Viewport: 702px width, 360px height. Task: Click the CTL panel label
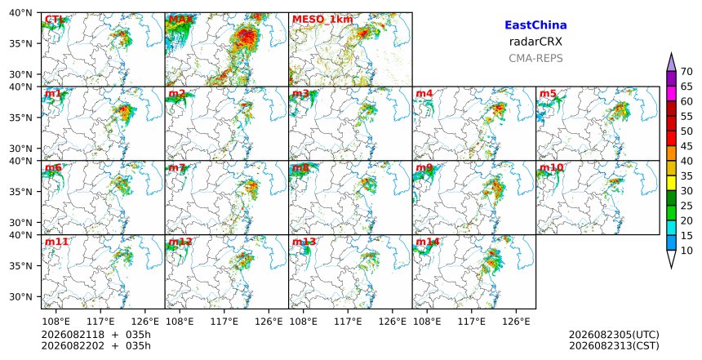(x=55, y=20)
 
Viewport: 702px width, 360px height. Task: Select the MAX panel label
(x=181, y=20)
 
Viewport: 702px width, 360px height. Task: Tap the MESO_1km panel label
(x=322, y=20)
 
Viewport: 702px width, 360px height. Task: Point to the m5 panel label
(x=548, y=94)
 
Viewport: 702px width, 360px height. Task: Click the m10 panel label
(x=551, y=167)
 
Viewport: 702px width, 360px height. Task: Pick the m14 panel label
(x=428, y=242)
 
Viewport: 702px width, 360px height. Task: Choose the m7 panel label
(x=177, y=167)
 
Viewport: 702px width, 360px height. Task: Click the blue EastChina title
(x=535, y=25)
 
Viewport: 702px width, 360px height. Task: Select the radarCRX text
(x=535, y=42)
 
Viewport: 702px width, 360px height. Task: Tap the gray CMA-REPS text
(x=535, y=58)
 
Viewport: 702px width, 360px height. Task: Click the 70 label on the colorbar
(x=686, y=72)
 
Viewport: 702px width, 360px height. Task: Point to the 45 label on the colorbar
(x=686, y=146)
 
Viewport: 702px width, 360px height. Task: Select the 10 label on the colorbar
(x=686, y=251)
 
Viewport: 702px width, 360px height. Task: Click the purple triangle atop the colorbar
(x=671, y=64)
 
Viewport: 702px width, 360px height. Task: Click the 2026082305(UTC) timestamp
(x=614, y=335)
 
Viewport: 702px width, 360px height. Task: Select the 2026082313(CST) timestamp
(x=614, y=345)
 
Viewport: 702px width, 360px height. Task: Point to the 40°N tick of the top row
(x=20, y=12)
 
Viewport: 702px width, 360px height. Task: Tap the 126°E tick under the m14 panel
(x=516, y=322)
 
